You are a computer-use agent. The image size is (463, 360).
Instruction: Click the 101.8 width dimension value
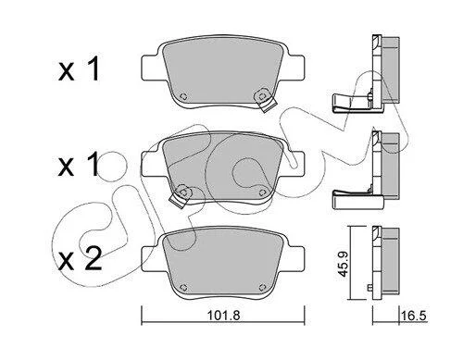click(223, 316)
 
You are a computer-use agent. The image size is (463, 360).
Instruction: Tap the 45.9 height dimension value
click(343, 265)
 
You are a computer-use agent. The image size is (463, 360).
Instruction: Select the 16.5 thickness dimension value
click(414, 316)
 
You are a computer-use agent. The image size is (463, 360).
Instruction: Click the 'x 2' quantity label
click(81, 259)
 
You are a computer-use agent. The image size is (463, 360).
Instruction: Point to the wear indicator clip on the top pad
click(264, 101)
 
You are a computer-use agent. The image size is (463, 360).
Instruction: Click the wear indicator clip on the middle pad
click(181, 196)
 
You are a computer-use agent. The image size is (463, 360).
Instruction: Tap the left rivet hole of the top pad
click(182, 96)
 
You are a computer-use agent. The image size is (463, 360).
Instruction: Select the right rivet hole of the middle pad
click(262, 192)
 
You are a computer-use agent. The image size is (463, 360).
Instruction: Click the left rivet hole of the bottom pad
click(182, 288)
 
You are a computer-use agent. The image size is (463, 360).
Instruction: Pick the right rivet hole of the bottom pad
click(262, 288)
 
